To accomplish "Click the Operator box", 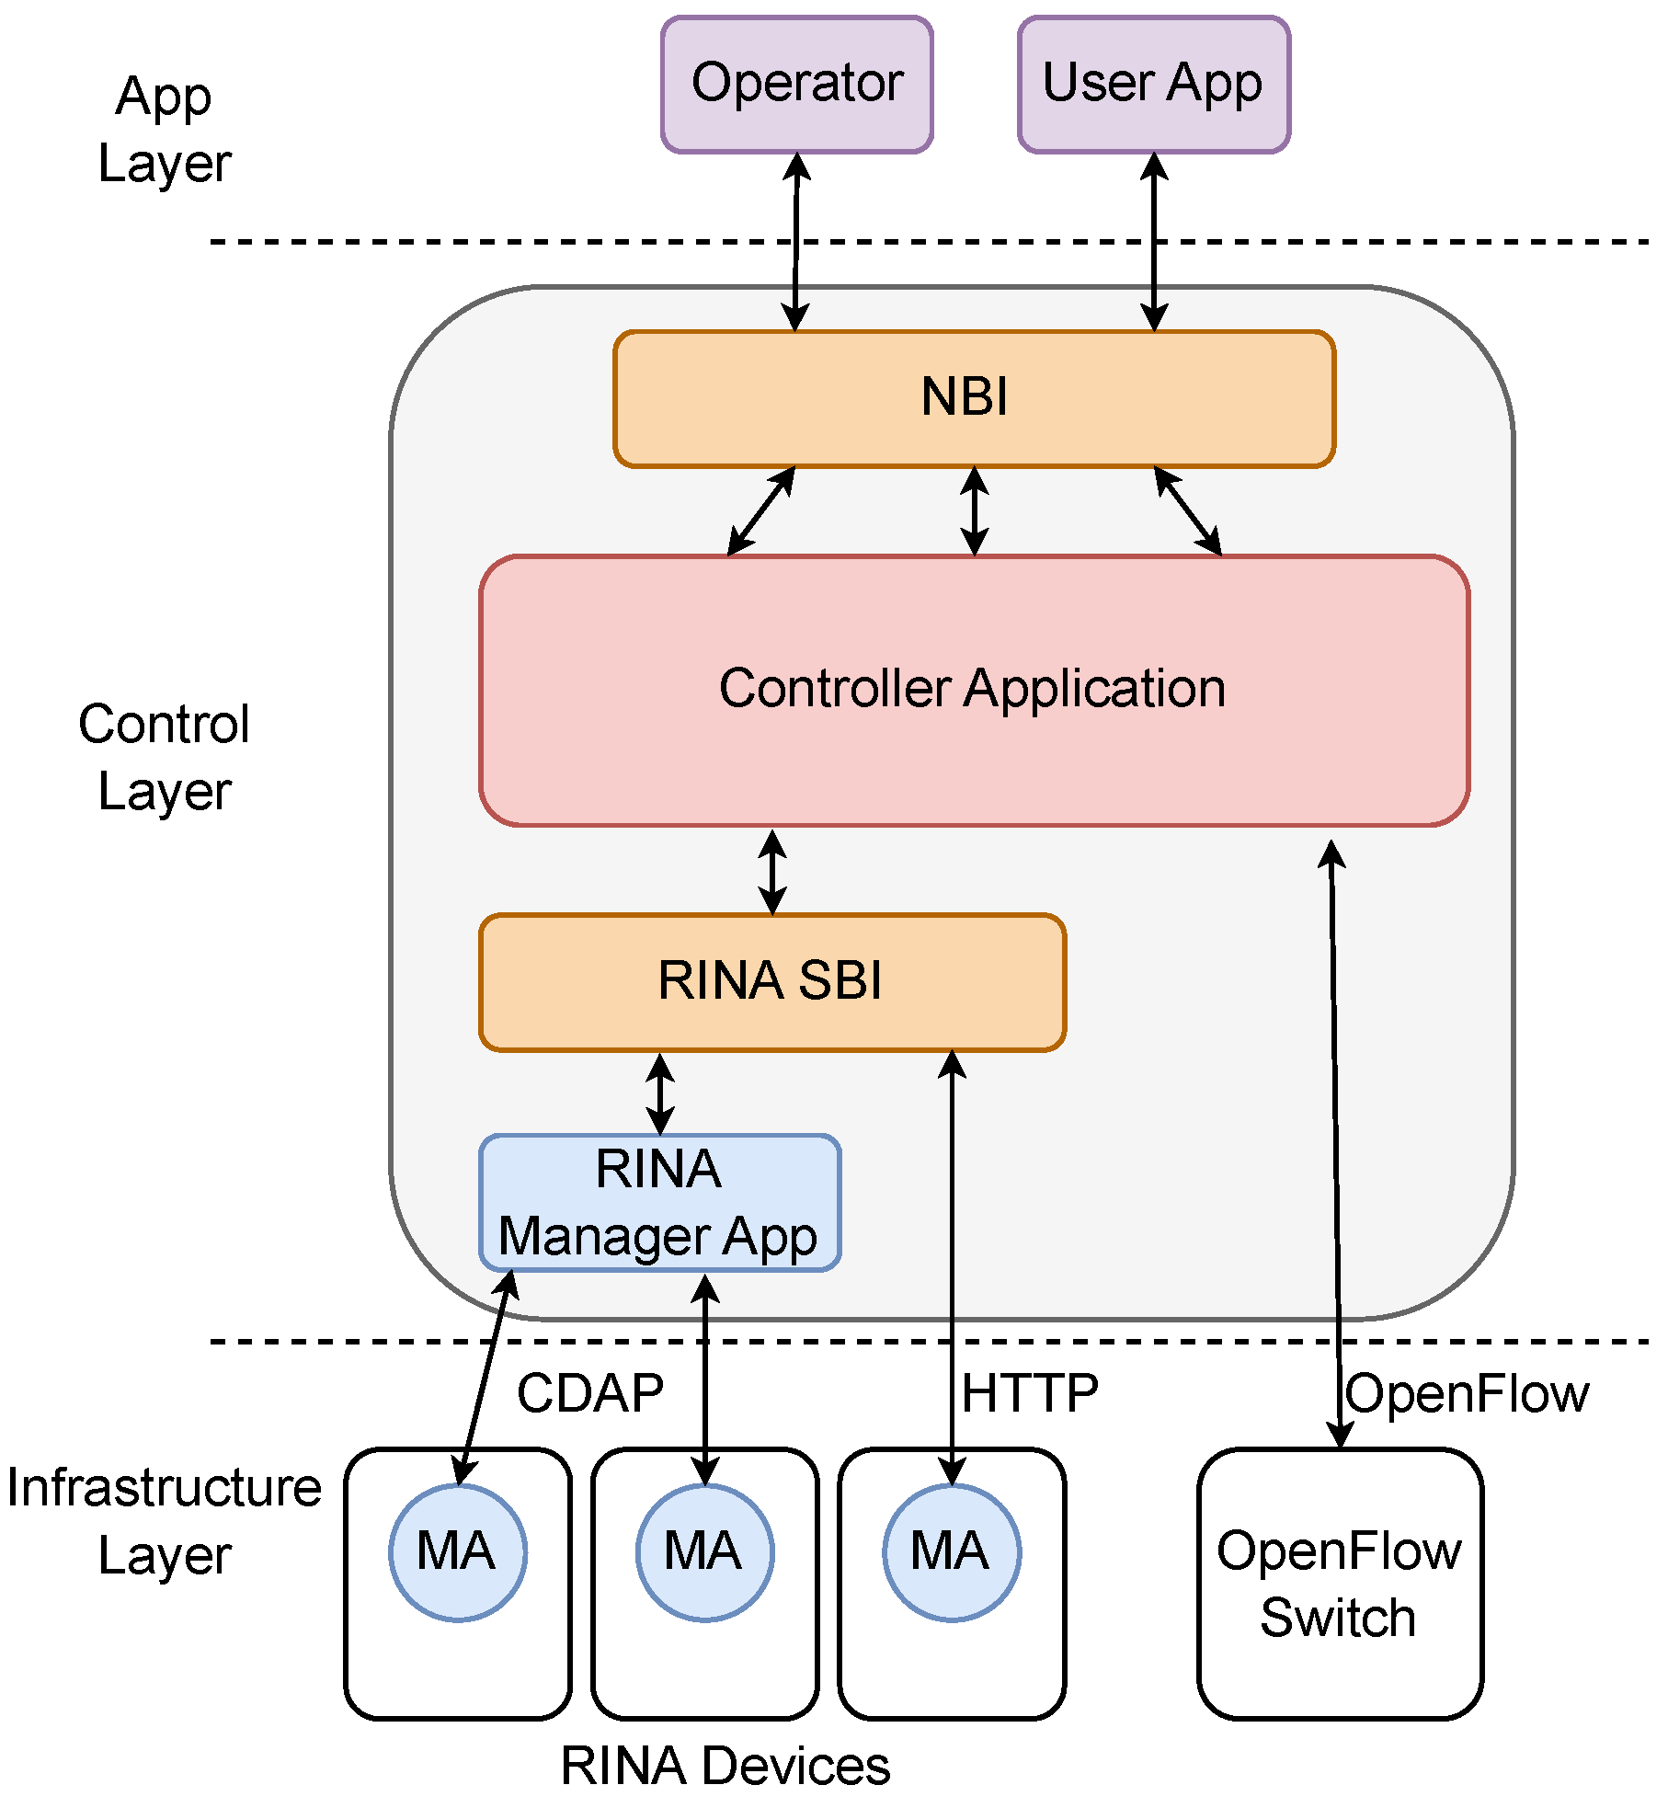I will point(796,84).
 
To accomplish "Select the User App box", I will point(1153,84).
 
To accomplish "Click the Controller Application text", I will point(972,689).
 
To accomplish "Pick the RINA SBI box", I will point(771,981).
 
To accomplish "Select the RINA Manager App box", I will point(659,1203).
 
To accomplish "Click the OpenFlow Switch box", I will point(1339,1584).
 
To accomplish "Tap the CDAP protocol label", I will point(589,1393).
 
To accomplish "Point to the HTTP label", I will point(1030,1393).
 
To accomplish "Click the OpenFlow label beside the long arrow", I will point(1467,1394).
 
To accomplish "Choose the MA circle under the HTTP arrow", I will point(951,1552).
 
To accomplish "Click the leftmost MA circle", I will point(457,1552).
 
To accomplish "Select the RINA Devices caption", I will point(725,1767).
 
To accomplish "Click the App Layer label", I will point(165,130).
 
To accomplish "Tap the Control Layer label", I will point(165,758).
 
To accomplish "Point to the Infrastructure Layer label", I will point(165,1521).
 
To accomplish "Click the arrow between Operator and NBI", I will point(795,242).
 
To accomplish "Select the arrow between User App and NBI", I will point(1153,242).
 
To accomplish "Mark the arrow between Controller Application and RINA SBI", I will point(771,872).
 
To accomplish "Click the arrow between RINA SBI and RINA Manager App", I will point(659,1094).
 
